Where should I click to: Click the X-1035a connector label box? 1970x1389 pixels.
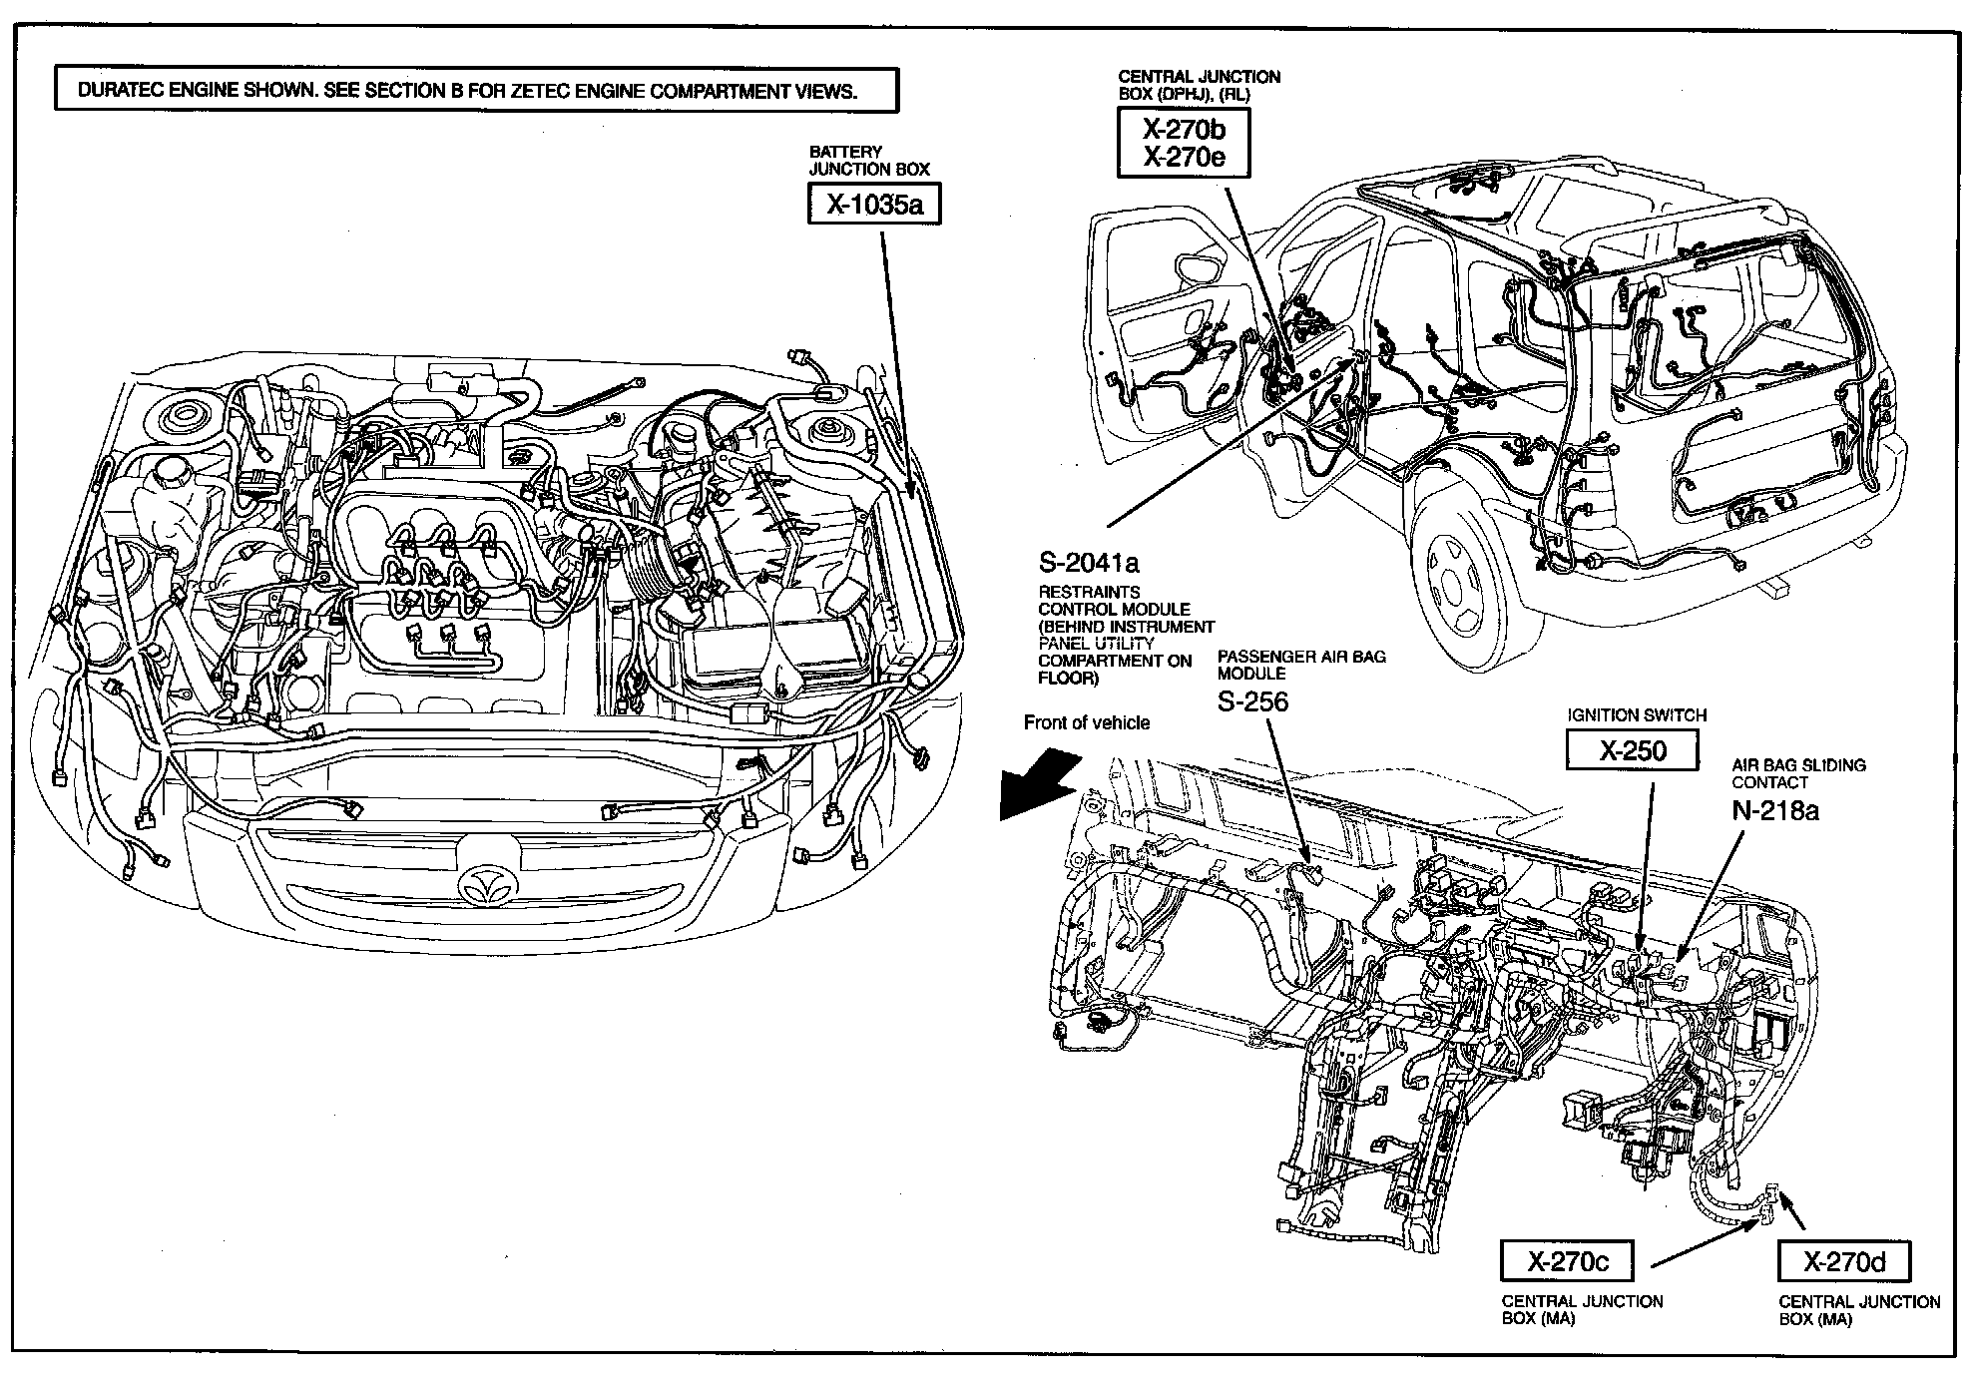[874, 206]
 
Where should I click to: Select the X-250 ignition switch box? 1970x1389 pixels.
[1632, 750]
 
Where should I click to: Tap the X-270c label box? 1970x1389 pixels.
[1568, 1262]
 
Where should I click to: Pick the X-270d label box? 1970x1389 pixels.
[1844, 1262]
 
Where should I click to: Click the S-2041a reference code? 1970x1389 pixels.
[1089, 563]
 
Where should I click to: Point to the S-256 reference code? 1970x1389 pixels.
[1252, 701]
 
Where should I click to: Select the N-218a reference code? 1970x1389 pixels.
[1775, 810]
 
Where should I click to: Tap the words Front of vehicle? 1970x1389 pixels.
[1087, 722]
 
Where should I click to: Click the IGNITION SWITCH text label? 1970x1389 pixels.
[1637, 715]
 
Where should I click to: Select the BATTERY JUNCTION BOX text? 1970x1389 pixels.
[868, 161]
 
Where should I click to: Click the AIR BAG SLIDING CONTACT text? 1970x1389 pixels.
[1798, 773]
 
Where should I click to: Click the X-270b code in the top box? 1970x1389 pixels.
[1184, 129]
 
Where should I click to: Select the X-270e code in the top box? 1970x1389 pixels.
[1184, 157]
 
